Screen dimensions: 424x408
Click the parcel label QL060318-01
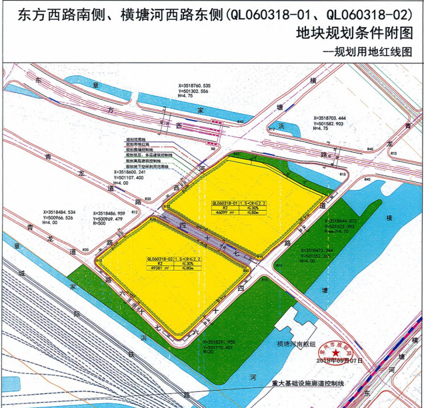click(225, 202)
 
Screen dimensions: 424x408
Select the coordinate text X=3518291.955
click(219, 341)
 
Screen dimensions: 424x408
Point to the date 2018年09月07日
click(341, 360)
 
